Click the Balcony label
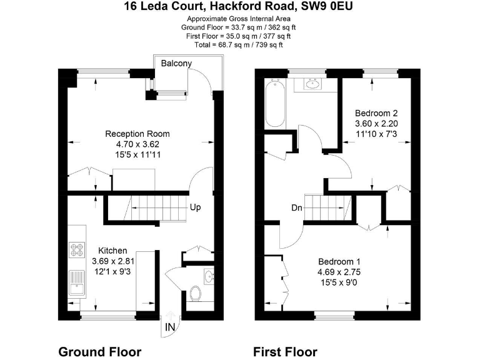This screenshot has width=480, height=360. point(176,64)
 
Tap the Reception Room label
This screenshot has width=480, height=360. point(137,134)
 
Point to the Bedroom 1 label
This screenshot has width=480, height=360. point(339,261)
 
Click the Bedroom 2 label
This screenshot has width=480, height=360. point(376,113)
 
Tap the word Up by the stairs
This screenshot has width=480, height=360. point(196,207)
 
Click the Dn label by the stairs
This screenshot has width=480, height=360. point(297,208)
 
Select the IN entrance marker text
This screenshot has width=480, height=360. point(170,327)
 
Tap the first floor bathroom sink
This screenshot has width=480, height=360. point(314,83)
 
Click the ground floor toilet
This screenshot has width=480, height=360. point(196,293)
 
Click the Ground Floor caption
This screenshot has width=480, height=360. point(99,351)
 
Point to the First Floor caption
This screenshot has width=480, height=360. point(285,351)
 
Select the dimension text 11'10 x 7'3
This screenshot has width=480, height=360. point(376,134)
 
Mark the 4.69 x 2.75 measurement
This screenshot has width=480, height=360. point(339,272)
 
